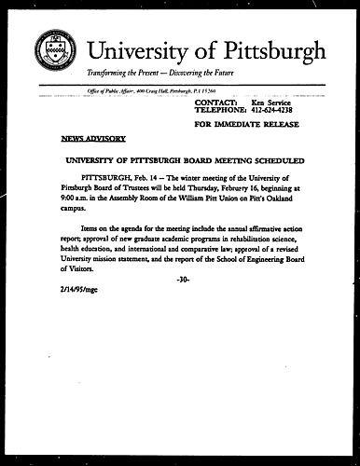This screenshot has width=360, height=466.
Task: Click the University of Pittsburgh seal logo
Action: (54, 50)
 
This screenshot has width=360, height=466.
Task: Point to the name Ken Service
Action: (271, 99)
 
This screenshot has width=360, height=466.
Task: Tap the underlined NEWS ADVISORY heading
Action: (93, 138)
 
